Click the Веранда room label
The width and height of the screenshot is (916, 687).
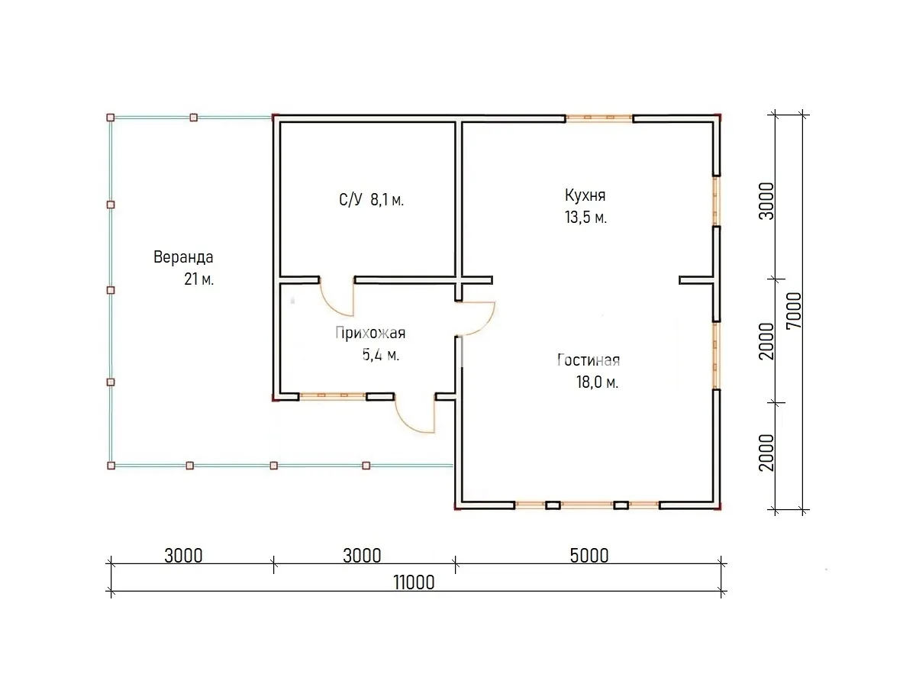click(183, 257)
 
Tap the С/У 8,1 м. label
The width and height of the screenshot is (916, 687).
click(372, 200)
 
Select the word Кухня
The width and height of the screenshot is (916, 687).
click(585, 195)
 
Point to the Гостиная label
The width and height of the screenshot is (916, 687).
click(589, 360)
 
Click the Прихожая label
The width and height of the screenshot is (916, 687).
click(370, 333)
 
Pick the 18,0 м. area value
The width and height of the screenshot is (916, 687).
click(597, 382)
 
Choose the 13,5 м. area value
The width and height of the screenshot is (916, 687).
click(585, 218)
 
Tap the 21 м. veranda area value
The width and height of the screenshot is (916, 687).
click(199, 279)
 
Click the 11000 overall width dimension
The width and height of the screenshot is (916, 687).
click(414, 582)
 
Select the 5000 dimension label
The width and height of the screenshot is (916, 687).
click(589, 556)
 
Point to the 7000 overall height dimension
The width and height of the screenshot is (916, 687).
click(794, 311)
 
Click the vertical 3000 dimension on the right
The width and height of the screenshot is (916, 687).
click(766, 201)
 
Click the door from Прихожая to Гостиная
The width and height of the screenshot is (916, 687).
click(476, 318)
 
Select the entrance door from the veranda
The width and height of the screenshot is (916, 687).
click(414, 414)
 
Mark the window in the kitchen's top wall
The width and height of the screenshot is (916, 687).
click(599, 118)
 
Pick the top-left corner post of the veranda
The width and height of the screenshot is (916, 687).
click(111, 118)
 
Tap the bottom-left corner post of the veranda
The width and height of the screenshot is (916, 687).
click(111, 466)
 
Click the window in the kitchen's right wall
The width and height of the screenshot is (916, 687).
click(716, 201)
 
